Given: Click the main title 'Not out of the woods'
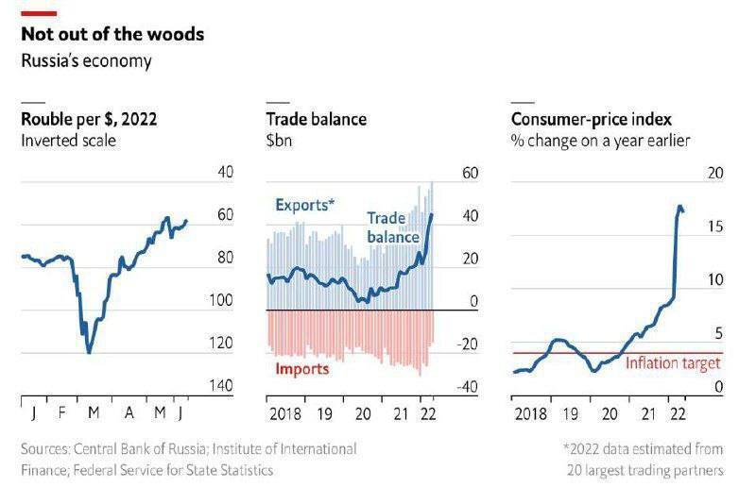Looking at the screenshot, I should (x=112, y=35).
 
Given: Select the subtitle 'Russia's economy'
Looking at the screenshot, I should (x=85, y=61).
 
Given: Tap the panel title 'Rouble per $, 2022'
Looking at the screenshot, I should (x=89, y=120).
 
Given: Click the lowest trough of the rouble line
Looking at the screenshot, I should (x=89, y=352).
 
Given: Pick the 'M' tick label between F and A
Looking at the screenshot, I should (x=93, y=412).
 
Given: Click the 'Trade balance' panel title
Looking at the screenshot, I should (x=316, y=120).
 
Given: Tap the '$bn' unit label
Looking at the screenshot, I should (x=280, y=141).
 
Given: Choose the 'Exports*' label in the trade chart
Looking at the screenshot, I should (x=304, y=204).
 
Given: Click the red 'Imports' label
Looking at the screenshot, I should (x=301, y=368).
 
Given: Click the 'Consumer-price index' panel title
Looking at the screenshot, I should (x=592, y=120).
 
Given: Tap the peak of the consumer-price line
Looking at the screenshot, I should (x=679, y=206).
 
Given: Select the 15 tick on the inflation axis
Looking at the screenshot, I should (x=714, y=227).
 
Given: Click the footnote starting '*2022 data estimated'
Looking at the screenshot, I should (x=643, y=449).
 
